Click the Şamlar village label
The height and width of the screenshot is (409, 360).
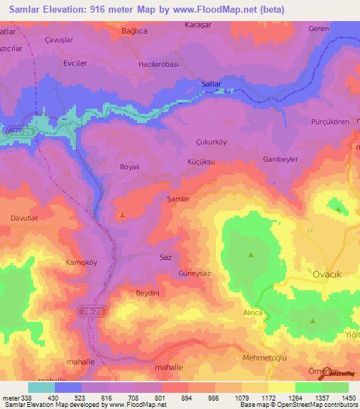tap(179, 199)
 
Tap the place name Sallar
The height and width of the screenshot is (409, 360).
tap(212, 84)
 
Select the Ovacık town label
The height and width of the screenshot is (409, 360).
tap(327, 275)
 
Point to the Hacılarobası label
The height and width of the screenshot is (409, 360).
tap(158, 63)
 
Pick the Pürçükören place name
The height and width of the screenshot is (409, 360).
tap(330, 122)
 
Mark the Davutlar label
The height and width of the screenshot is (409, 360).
tap(24, 218)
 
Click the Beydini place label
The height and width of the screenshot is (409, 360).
tap(148, 292)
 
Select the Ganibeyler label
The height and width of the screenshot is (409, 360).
tap(281, 160)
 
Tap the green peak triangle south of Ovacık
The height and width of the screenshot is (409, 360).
tap(313, 320)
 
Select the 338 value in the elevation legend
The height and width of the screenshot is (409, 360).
tap(27, 398)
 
